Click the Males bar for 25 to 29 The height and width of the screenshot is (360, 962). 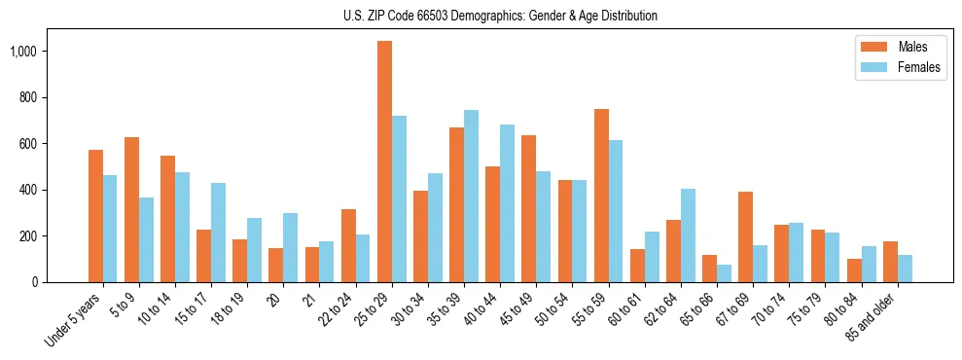pos(384,162)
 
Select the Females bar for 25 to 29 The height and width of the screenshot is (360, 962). pos(399,198)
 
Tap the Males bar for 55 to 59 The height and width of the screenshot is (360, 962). pos(601,196)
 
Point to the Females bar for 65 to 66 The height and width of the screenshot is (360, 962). pos(725,273)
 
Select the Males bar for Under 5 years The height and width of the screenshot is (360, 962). pos(95,216)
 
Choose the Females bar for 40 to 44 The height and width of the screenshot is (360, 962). pos(508,203)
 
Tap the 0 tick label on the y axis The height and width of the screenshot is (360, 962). pos(36,282)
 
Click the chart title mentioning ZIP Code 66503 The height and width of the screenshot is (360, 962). pos(500,16)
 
